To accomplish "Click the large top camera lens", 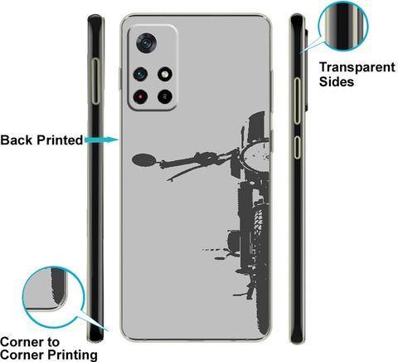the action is pyautogui.click(x=147, y=42).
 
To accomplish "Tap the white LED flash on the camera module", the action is pyautogui.click(x=165, y=74).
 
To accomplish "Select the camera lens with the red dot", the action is pyautogui.click(x=140, y=96).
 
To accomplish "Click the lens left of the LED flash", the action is pyautogui.click(x=140, y=74).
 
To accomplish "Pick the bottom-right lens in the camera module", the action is pyautogui.click(x=165, y=96).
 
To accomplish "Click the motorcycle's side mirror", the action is pyautogui.click(x=143, y=159).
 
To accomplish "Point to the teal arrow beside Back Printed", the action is pyautogui.click(x=101, y=139).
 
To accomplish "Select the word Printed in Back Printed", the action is pyautogui.click(x=60, y=140).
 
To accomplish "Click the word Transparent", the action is pyautogui.click(x=357, y=67).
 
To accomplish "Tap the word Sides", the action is pyautogui.click(x=337, y=81).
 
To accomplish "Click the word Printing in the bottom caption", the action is pyautogui.click(x=73, y=355).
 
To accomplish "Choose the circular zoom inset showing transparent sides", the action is pyautogui.click(x=343, y=27).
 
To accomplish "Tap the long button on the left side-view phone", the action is pyautogui.click(x=95, y=81).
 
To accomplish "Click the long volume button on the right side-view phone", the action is pyautogui.click(x=297, y=100).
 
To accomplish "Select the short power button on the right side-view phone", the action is pyautogui.click(x=297, y=147).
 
